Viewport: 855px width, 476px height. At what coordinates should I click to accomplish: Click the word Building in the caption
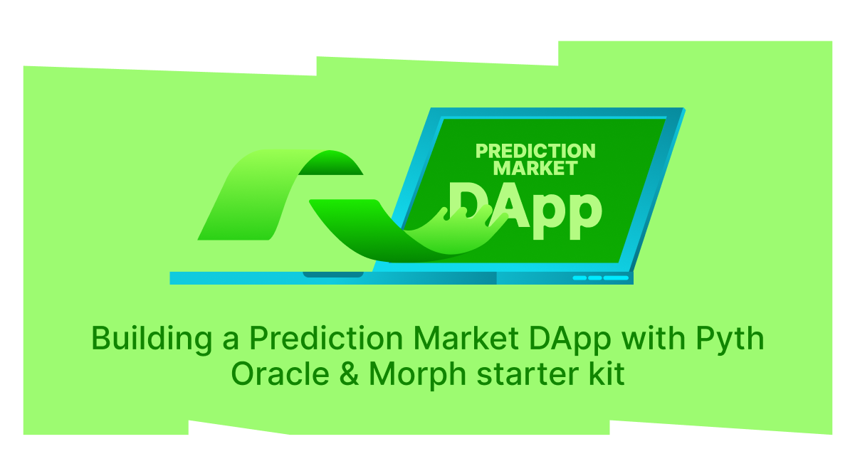[152, 339]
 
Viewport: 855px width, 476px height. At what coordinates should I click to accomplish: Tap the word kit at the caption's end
[606, 374]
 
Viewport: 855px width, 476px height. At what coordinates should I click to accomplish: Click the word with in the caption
[651, 339]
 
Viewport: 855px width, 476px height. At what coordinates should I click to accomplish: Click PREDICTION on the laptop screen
[535, 151]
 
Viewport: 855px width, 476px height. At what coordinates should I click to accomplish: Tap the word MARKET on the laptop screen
[535, 169]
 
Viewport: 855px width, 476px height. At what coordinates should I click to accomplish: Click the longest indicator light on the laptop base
[617, 278]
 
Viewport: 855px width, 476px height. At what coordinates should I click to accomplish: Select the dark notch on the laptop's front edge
[333, 274]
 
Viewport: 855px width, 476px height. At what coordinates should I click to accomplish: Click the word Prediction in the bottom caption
[328, 339]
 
